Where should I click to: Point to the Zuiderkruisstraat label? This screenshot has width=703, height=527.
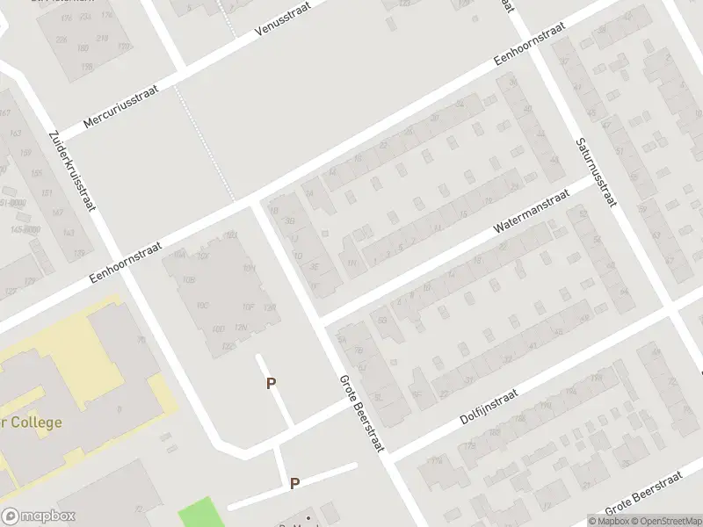coord(73,172)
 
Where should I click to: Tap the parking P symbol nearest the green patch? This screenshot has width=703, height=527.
coord(295,483)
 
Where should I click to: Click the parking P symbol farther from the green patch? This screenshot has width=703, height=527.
coord(272,383)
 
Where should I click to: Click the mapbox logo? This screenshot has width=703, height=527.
coord(39,516)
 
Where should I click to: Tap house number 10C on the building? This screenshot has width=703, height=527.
coord(203,305)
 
